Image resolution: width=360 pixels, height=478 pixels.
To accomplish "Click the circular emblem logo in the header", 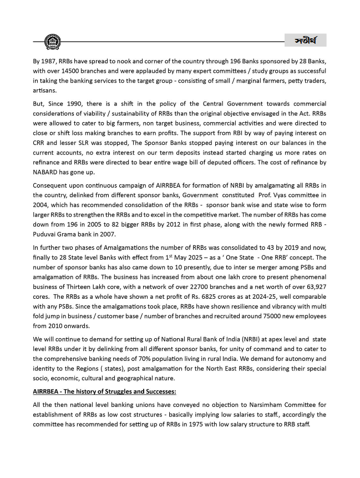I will point(53,41).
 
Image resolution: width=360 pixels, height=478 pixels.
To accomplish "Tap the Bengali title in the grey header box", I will point(305,41).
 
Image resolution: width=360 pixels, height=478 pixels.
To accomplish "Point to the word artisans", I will point(44,92).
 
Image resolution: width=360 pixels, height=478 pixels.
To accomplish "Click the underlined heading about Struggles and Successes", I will point(104,391).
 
